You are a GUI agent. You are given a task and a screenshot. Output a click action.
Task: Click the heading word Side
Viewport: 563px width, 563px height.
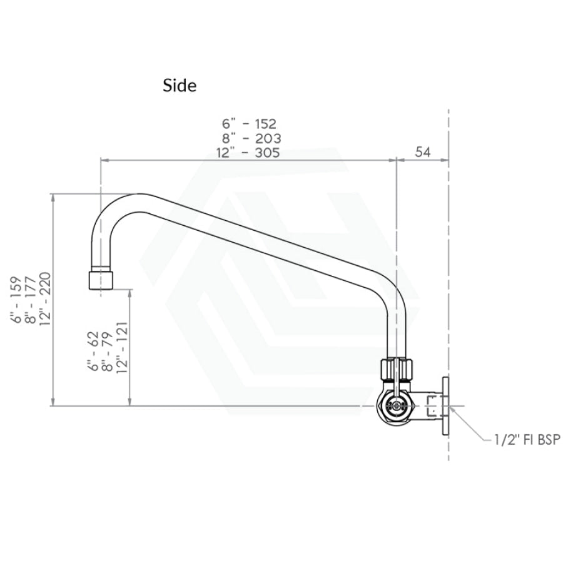click(180, 86)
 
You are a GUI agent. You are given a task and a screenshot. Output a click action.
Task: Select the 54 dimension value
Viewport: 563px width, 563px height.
click(423, 152)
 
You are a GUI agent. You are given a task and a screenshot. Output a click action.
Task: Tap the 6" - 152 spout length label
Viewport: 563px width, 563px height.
click(249, 124)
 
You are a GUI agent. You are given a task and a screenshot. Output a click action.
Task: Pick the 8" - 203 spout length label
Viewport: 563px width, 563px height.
click(251, 138)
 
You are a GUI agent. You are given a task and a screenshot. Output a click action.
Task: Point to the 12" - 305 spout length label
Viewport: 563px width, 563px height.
click(248, 153)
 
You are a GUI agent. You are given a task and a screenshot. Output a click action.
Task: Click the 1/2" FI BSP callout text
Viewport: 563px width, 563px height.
click(527, 440)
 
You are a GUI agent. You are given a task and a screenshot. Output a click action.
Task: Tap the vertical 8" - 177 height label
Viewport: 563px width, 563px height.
click(32, 300)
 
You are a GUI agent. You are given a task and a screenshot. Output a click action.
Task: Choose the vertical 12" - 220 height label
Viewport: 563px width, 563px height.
click(45, 299)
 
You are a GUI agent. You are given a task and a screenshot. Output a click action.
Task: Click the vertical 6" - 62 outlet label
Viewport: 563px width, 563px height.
click(93, 351)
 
